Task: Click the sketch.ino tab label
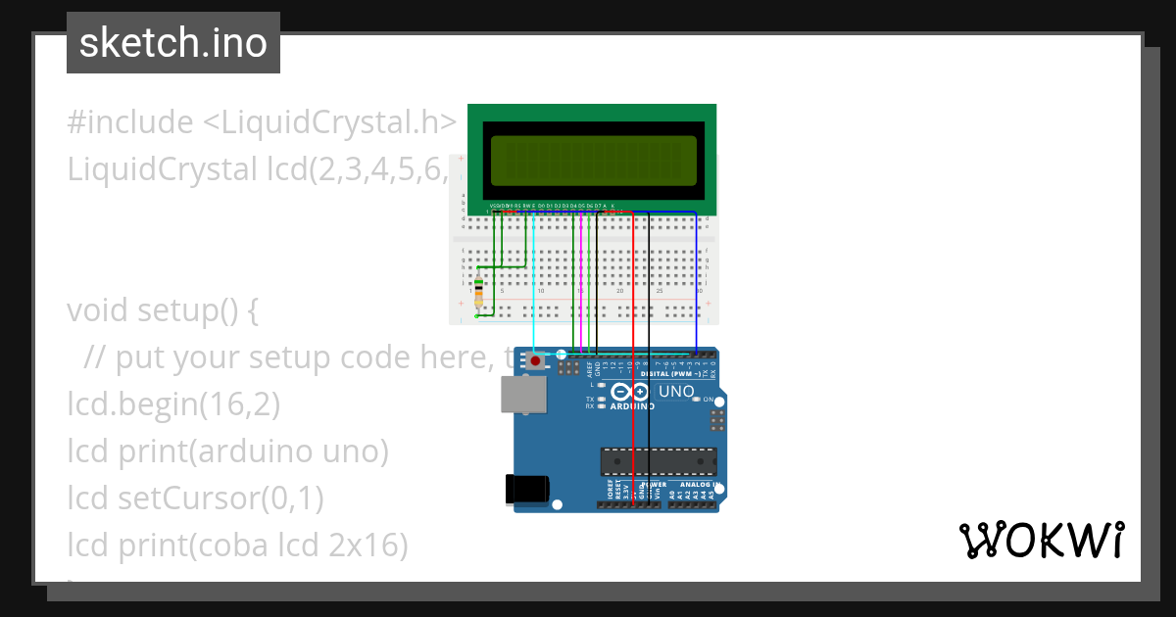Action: [172, 43]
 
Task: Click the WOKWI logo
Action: [1041, 541]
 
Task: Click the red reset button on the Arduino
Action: [536, 361]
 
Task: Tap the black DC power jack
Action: [524, 491]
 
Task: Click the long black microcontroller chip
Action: [658, 460]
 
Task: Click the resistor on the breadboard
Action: [478, 293]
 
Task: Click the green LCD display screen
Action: [592, 161]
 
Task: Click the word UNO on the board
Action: [676, 392]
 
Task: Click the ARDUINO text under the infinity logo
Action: [632, 405]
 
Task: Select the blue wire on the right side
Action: [697, 284]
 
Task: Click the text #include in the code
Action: [130, 123]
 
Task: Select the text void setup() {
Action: [163, 310]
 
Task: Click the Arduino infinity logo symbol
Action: [632, 393]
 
